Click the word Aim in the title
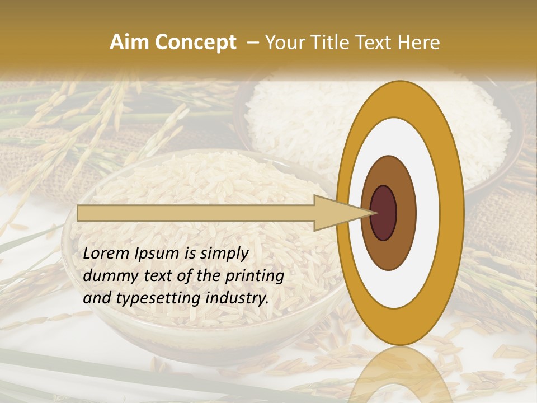pos(129,43)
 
